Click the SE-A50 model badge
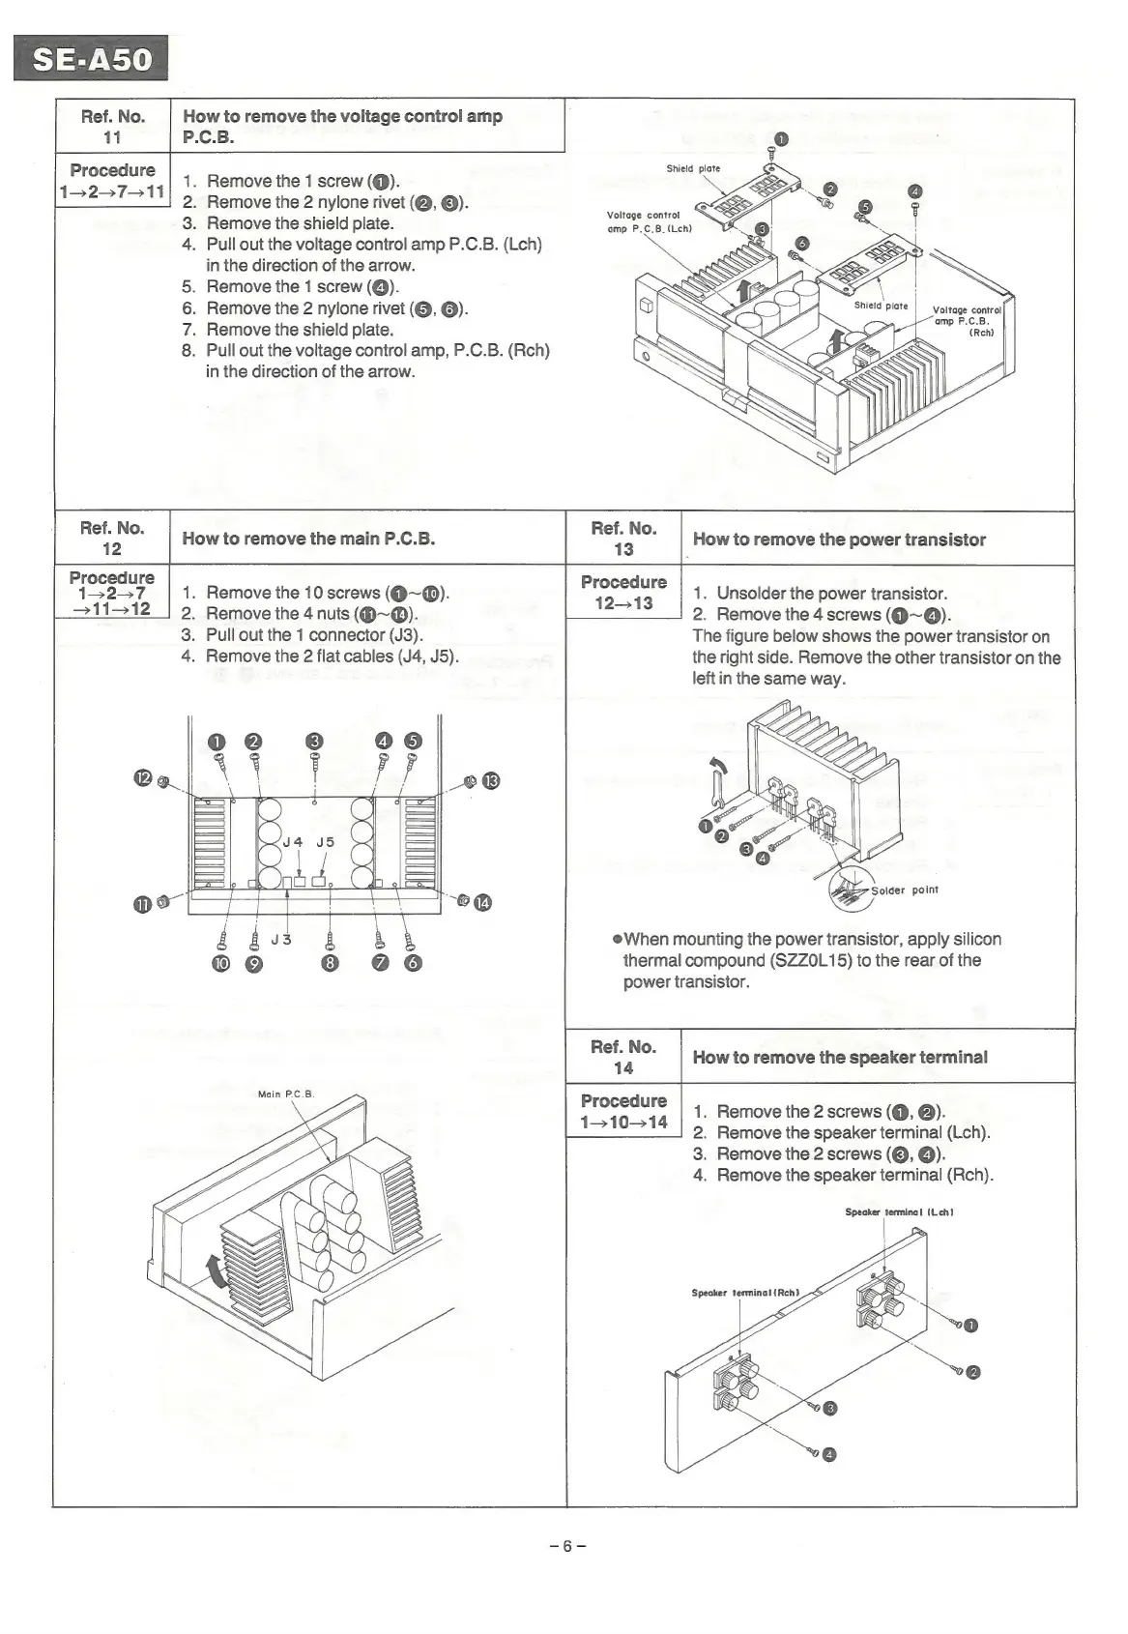[x=92, y=59]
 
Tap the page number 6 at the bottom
[x=567, y=1545]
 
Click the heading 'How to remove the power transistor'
[x=839, y=540]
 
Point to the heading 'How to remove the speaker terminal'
[x=840, y=1057]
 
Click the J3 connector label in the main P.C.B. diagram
[x=281, y=939]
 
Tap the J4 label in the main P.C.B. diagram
[x=292, y=842]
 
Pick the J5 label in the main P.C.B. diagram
[x=326, y=842]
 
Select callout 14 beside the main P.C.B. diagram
[x=482, y=903]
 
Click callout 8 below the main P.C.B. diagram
[x=331, y=963]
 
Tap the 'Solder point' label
[x=905, y=890]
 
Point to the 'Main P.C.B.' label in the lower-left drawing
[x=286, y=1094]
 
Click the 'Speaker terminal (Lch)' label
[x=886, y=1211]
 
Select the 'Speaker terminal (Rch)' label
[x=744, y=1292]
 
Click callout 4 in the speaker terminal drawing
[x=828, y=1454]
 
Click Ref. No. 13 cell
[x=623, y=539]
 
